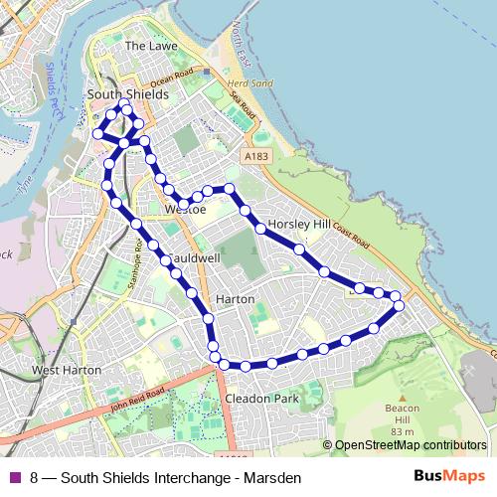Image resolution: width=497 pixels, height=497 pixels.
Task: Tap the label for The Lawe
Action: point(149,46)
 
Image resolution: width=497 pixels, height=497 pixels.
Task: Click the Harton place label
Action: point(236,299)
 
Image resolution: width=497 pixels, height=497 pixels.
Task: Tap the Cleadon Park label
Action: point(262,399)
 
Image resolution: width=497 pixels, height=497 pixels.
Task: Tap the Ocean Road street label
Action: point(169,77)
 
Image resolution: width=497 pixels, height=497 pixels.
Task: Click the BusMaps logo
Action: point(449,477)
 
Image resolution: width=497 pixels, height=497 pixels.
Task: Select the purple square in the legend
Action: point(14,477)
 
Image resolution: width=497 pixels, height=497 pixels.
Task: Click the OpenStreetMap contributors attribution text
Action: point(411,445)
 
